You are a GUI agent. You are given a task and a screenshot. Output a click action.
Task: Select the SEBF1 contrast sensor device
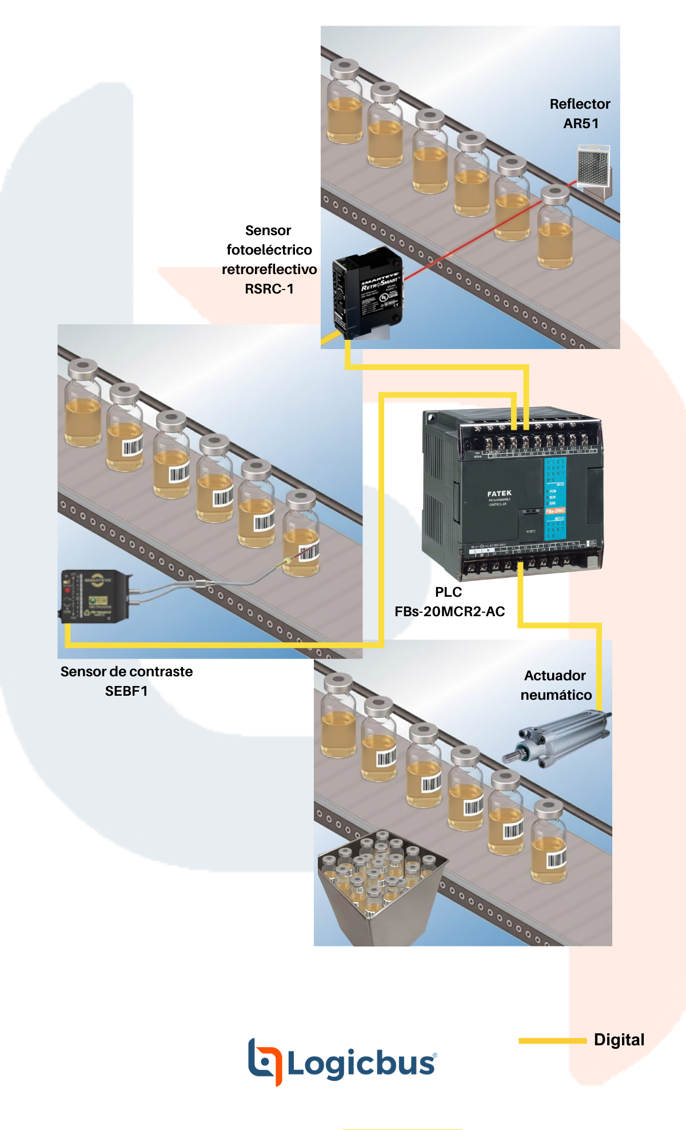pos(95,596)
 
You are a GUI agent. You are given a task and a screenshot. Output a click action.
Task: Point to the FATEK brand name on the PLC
pos(499,493)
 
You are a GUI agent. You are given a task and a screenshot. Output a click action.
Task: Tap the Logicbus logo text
pos(361,1064)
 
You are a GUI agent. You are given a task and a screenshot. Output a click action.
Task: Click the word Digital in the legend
pos(619,1040)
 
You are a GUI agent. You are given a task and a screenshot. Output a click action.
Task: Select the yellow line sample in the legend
pos(552,1040)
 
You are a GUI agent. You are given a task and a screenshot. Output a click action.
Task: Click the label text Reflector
pos(580,104)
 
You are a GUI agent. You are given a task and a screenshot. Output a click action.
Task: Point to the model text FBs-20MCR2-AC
pos(449,612)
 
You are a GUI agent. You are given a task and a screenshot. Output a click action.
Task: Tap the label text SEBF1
pos(126,691)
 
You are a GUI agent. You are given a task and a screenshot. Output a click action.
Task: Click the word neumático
pos(556,695)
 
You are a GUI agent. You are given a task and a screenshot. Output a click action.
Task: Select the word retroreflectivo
pos(269,269)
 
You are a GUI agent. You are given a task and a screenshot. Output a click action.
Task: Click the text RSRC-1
pos(269,289)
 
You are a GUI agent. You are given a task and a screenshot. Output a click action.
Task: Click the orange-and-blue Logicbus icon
pos(265,1062)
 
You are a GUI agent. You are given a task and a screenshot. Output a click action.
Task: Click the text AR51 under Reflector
pos(581,124)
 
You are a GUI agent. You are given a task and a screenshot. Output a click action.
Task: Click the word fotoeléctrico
pos(269,250)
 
